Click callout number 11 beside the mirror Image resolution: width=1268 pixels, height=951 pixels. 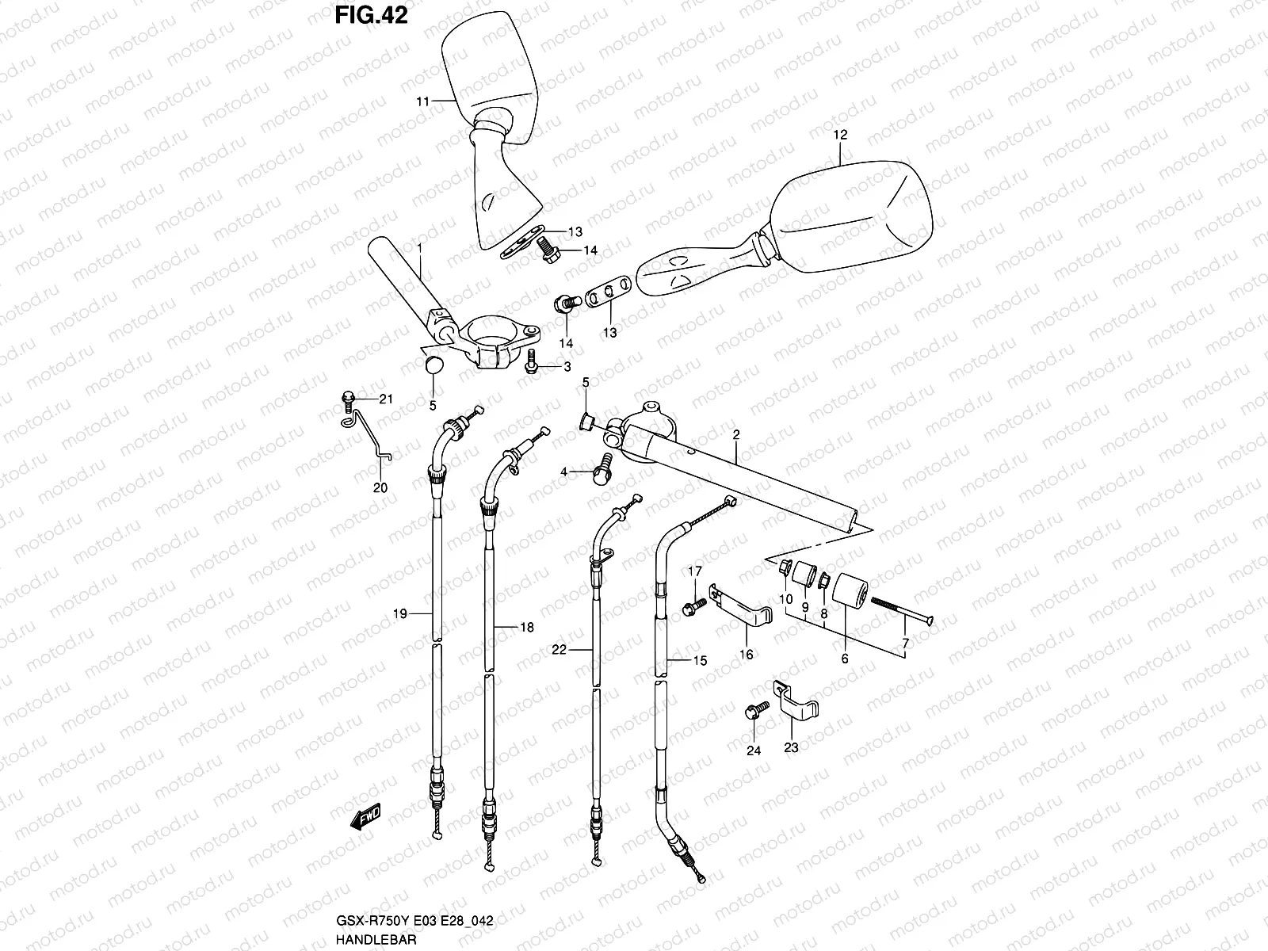(x=422, y=101)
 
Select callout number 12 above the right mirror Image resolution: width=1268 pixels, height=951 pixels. (x=840, y=136)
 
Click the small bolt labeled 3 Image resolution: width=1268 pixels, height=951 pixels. (x=531, y=365)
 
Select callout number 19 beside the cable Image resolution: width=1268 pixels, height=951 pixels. (x=399, y=613)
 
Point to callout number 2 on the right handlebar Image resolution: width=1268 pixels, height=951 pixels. (x=735, y=435)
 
